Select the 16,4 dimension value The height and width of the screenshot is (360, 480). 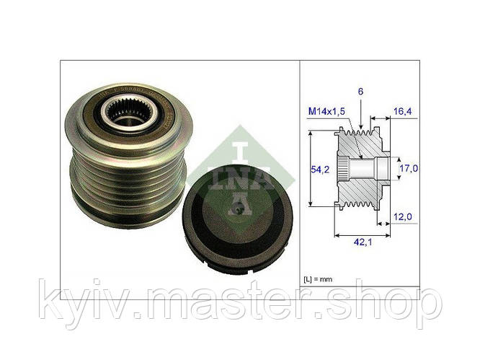tap(405, 113)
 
